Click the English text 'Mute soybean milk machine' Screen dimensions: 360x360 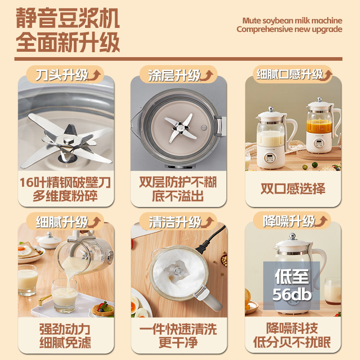(x=292, y=21)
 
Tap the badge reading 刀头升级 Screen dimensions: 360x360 (x=65, y=75)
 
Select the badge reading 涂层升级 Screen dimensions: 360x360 (x=178, y=75)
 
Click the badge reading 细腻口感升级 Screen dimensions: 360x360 (x=292, y=74)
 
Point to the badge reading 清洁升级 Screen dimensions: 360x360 (x=178, y=221)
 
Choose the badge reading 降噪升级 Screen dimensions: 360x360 (x=292, y=221)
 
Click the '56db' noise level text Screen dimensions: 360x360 (x=292, y=295)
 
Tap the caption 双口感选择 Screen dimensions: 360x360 (x=293, y=189)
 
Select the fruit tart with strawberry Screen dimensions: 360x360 (x=103, y=309)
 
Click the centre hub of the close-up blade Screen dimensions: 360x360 (x=68, y=140)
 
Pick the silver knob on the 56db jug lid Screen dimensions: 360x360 (x=292, y=236)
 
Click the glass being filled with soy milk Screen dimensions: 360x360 (x=64, y=296)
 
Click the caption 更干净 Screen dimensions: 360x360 (x=178, y=342)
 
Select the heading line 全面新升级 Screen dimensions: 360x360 (x=68, y=42)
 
